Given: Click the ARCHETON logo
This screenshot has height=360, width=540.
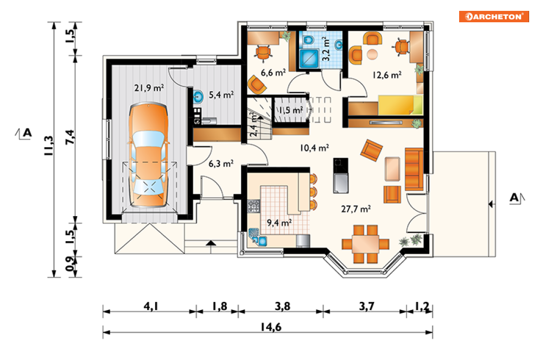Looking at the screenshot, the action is tap(494, 16).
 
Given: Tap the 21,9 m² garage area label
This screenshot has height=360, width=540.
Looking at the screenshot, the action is tap(149, 88).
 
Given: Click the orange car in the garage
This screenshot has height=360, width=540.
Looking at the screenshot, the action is tap(149, 155).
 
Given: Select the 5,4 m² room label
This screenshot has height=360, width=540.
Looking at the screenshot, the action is tap(221, 94).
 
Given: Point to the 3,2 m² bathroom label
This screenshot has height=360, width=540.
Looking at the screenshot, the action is tap(326, 49).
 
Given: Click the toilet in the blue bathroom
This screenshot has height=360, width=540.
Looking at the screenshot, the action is tap(308, 40).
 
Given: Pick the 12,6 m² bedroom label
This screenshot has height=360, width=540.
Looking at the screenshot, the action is tap(387, 74).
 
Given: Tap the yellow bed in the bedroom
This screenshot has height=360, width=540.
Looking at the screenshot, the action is tap(401, 105).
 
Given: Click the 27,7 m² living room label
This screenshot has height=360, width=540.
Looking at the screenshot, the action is tap(356, 209).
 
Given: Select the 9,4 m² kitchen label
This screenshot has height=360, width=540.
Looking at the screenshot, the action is tap(279, 223).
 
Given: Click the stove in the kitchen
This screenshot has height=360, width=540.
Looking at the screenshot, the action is tap(254, 206).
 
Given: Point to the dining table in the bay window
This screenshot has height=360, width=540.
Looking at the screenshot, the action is tap(365, 244).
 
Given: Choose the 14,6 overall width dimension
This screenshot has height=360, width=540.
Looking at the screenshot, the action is tap(271, 326).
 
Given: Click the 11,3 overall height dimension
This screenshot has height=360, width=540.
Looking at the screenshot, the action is tap(48, 146).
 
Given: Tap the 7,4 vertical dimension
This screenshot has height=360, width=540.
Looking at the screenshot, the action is tap(69, 137).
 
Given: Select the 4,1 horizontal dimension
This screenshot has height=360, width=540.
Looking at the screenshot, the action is tap(151, 306).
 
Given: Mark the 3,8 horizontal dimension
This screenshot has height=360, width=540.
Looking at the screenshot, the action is tap(282, 306).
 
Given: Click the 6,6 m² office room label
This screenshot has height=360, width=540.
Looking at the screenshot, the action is tap(273, 72).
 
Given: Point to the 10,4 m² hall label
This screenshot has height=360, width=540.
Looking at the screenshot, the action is tap(314, 148).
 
